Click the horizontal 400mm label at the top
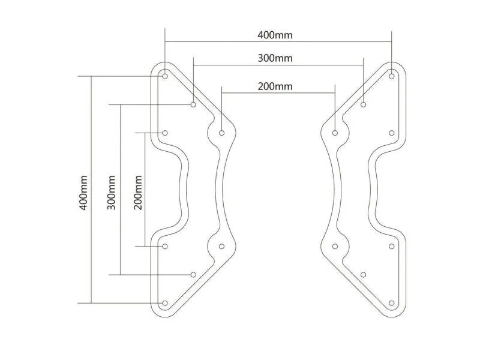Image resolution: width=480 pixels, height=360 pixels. coord(275,35)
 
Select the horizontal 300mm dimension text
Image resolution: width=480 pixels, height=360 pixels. coord(275,58)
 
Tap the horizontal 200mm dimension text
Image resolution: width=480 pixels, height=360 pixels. coord(275,86)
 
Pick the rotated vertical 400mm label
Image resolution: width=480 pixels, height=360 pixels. coord(83,193)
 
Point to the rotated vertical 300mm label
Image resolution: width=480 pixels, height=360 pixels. coord(112,193)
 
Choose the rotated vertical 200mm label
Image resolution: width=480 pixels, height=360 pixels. coord(138,193)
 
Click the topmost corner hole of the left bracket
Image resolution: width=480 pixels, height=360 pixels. coord(165,76)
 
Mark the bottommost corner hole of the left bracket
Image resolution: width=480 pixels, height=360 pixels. coord(165,303)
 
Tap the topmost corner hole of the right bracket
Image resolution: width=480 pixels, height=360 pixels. coord(392,76)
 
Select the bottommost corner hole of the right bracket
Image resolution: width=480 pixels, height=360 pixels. coord(392,303)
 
